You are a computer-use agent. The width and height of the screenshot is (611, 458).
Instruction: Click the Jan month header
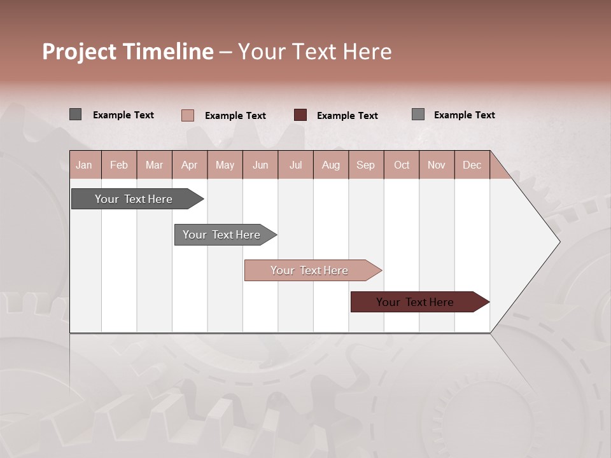click(84, 165)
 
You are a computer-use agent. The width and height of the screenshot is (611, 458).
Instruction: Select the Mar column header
click(154, 165)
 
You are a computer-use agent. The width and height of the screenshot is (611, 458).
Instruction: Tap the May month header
click(225, 165)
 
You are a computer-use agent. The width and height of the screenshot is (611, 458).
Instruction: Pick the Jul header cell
click(295, 165)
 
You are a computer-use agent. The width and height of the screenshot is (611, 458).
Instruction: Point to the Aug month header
click(331, 165)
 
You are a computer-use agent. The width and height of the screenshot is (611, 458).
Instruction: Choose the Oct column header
click(402, 165)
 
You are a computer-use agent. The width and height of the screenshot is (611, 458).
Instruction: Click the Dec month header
click(472, 165)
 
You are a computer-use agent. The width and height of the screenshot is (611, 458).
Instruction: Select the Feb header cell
click(119, 165)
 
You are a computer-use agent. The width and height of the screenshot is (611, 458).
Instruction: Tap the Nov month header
click(437, 165)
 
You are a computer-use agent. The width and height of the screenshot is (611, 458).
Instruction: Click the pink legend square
click(188, 115)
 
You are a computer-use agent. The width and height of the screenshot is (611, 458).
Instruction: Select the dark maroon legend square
click(300, 115)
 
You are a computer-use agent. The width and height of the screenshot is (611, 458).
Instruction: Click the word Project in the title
click(79, 52)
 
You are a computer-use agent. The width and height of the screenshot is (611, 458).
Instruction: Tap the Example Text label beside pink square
click(235, 116)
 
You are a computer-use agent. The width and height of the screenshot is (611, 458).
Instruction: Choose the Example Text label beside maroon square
click(348, 116)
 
